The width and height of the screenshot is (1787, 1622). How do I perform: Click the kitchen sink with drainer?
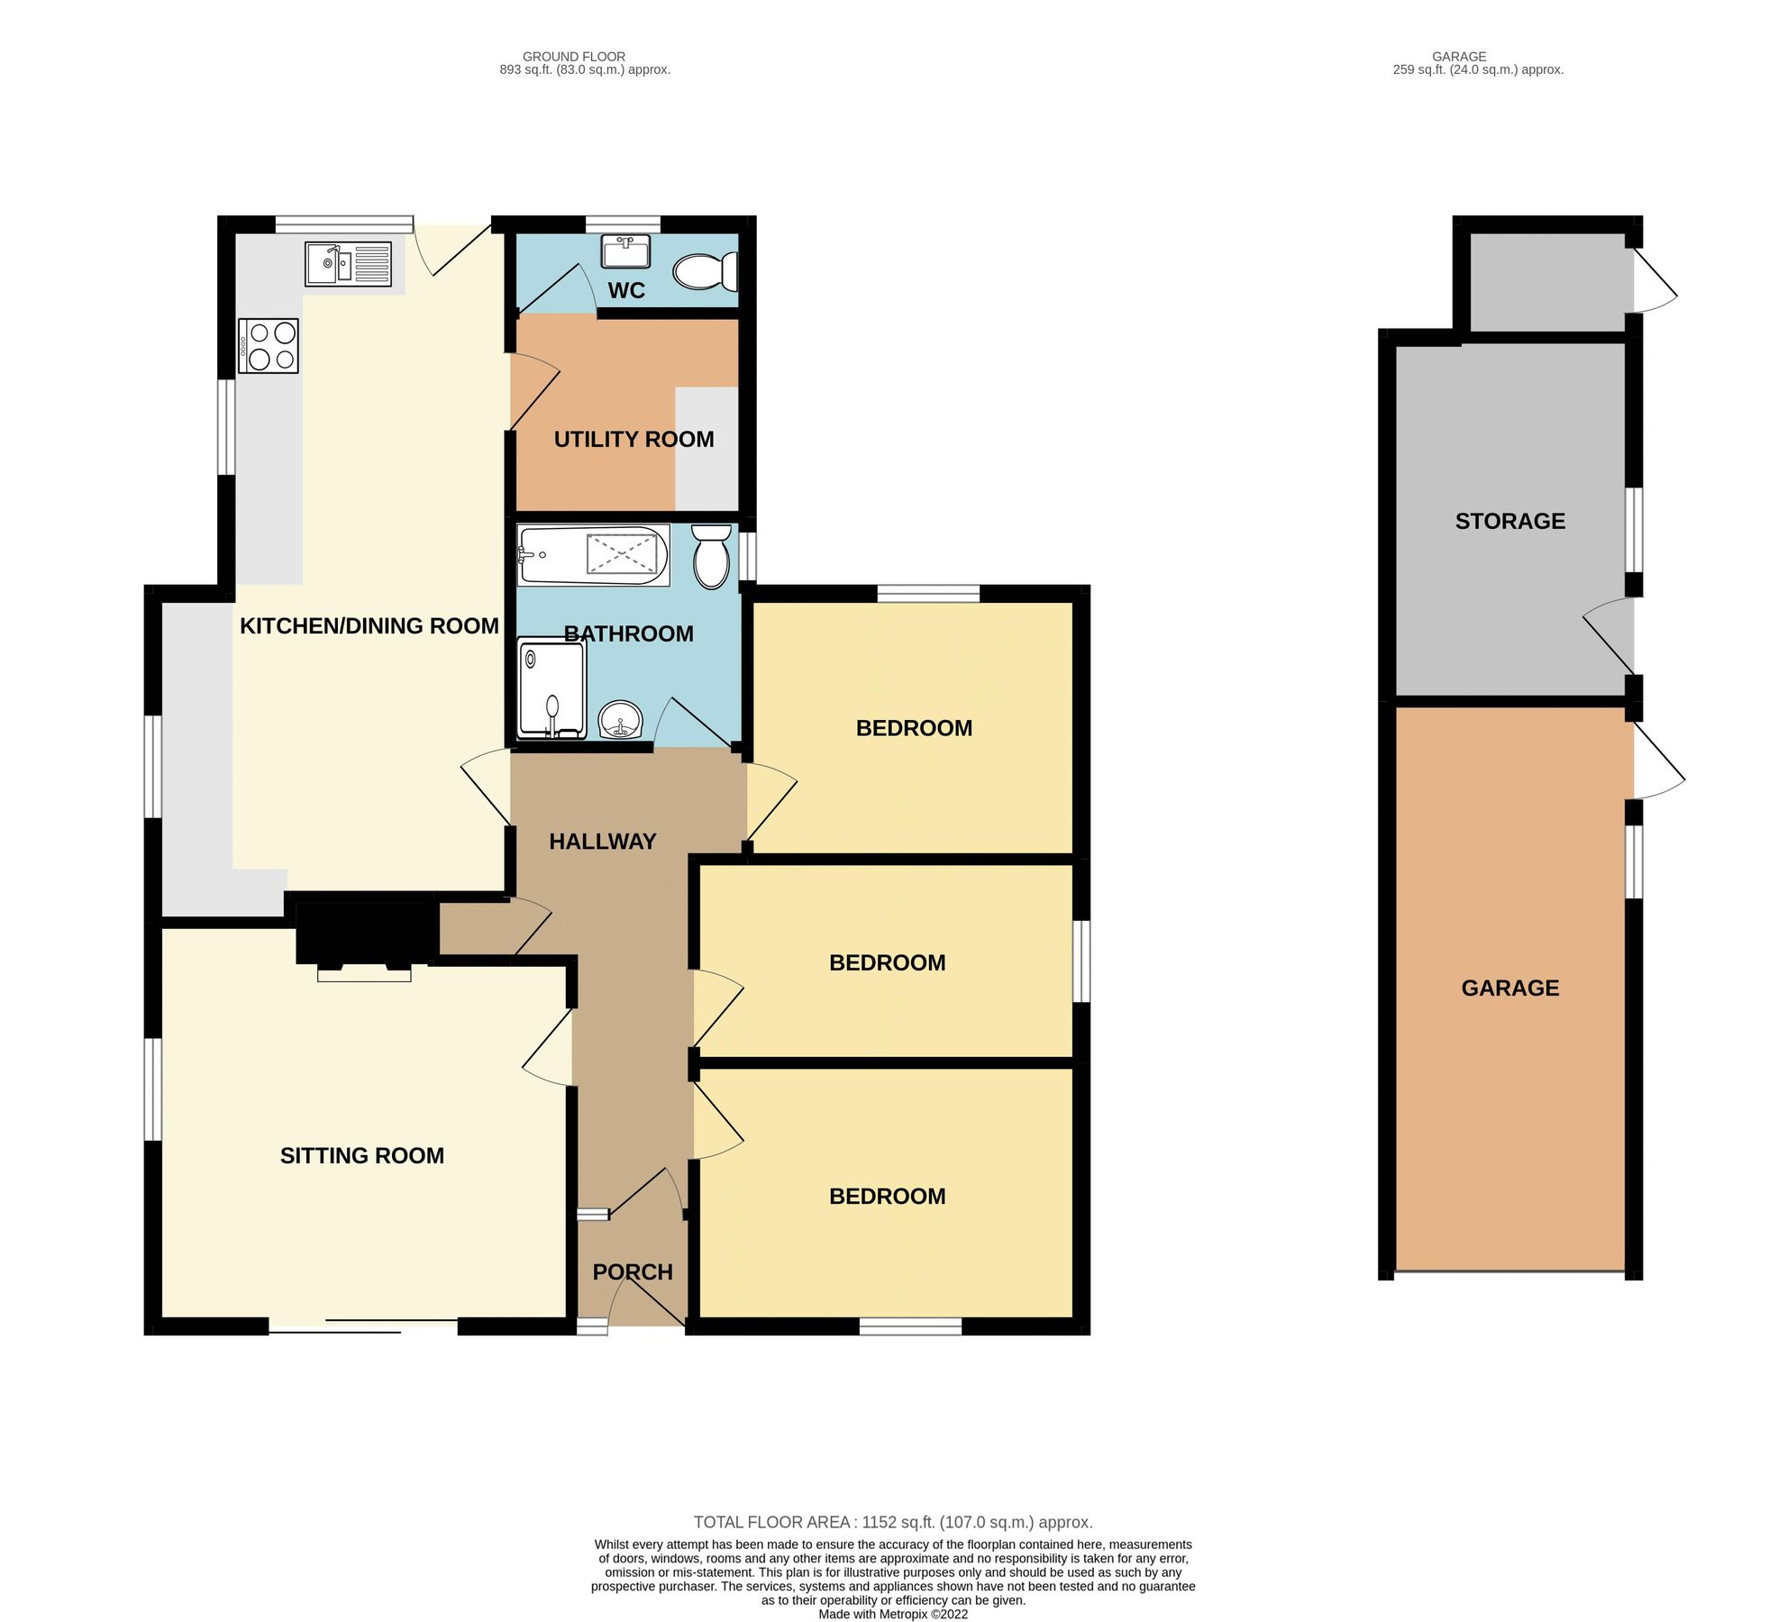(348, 264)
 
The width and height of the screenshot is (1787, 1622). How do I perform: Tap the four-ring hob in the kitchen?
(269, 346)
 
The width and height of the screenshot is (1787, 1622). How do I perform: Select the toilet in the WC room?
(706, 270)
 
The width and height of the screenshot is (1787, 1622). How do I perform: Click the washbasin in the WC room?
(625, 251)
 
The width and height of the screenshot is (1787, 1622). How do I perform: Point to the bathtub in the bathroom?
(593, 556)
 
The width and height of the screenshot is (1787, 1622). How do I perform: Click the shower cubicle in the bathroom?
(552, 688)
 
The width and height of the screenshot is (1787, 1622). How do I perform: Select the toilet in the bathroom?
(711, 557)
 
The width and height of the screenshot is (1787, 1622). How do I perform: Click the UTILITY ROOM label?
(634, 439)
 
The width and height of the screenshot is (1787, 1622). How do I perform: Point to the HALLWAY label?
(603, 841)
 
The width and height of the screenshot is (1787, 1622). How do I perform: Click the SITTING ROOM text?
(362, 1155)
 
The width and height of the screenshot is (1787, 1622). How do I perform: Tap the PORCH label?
(633, 1271)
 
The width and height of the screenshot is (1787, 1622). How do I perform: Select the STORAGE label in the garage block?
(1510, 521)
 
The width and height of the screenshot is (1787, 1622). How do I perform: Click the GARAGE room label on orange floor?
(1510, 988)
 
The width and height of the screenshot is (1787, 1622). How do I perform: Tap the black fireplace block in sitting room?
(365, 933)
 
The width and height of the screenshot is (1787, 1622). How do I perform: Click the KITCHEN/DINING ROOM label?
(369, 625)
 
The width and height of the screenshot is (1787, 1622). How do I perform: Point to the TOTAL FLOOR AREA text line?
(893, 1522)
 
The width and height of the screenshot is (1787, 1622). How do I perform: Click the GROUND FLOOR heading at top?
(574, 57)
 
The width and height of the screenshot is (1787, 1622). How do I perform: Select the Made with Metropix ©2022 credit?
(893, 1614)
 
